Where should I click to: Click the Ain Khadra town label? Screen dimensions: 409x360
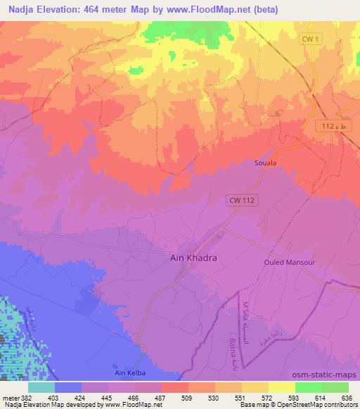tap(194, 258)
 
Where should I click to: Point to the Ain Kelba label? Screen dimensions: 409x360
tap(127, 372)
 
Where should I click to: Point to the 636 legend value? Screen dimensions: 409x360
tap(347, 397)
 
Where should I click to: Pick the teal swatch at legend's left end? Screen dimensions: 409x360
tap(41, 387)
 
